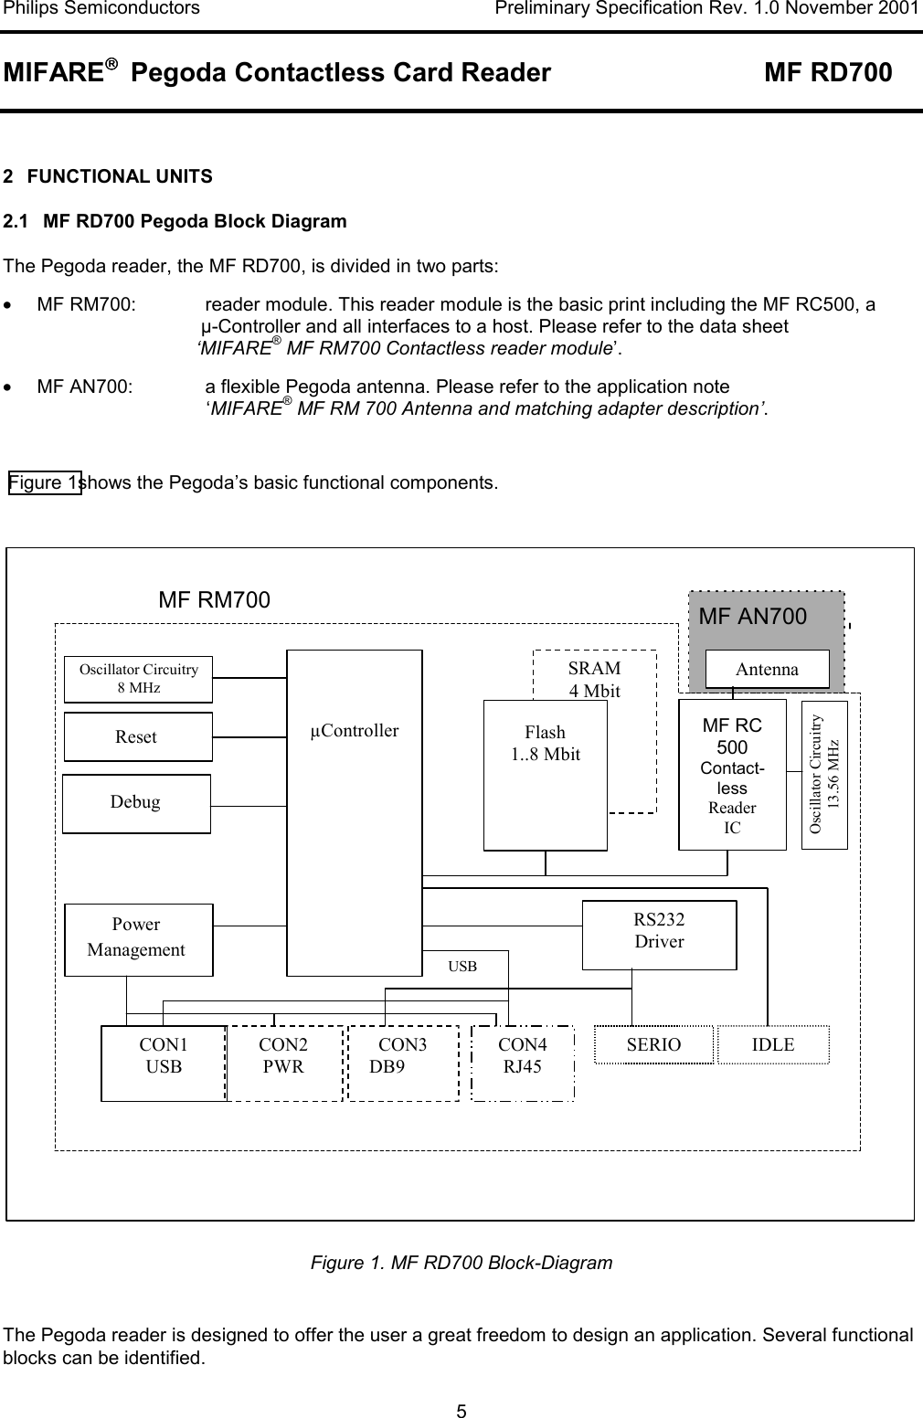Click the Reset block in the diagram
[138, 736]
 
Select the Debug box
[136, 803]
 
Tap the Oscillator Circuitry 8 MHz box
[138, 679]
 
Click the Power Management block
[138, 939]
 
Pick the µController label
[354, 731]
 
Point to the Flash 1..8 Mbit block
[545, 775]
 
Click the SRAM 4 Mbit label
[594, 679]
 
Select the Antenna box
[767, 669]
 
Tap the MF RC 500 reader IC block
[732, 775]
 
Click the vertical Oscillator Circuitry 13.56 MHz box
[824, 775]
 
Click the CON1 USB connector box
[164, 1063]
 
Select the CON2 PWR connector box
[284, 1063]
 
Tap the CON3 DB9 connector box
[403, 1063]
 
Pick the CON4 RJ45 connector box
[523, 1063]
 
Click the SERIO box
[653, 1045]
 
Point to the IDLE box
[773, 1044]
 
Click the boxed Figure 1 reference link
[45, 481]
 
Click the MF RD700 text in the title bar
[827, 73]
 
